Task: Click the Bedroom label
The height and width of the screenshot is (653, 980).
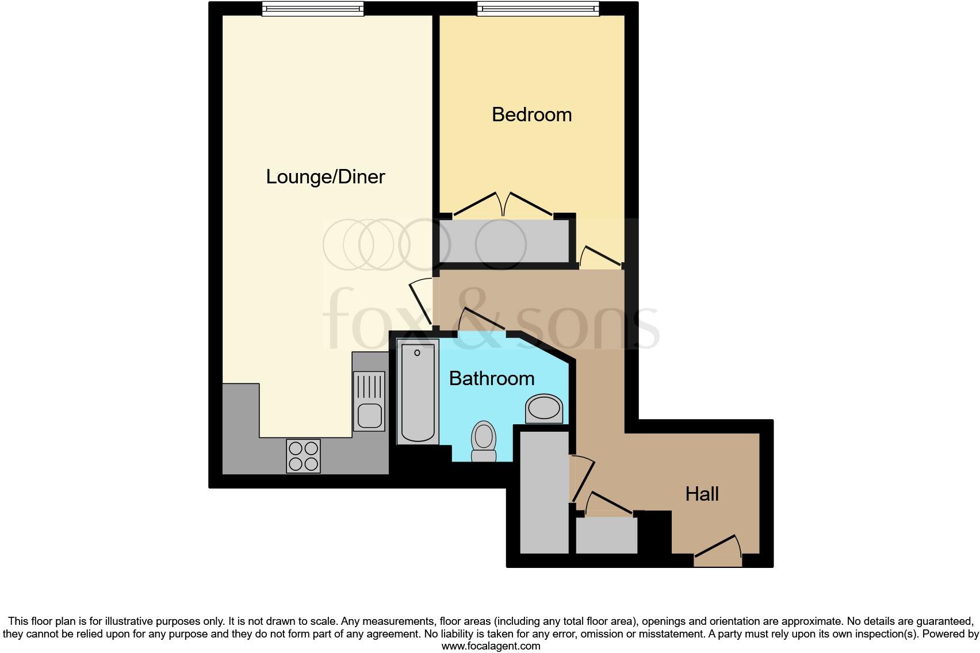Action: [531, 114]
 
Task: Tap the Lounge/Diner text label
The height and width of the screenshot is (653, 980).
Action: [325, 176]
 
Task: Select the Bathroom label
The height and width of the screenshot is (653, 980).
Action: [491, 378]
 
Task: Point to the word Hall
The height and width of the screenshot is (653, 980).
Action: [702, 494]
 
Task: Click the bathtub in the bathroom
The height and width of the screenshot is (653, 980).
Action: [418, 391]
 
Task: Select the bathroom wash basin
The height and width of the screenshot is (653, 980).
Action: [543, 409]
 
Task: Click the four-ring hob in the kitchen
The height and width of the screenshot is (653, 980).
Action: [303, 456]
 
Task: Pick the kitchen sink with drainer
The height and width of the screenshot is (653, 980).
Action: [369, 401]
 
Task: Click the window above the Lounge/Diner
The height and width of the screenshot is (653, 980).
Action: [313, 8]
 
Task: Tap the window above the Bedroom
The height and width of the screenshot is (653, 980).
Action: [538, 8]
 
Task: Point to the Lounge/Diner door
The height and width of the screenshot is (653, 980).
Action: [420, 302]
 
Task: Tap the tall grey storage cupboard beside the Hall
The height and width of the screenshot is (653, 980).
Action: [544, 492]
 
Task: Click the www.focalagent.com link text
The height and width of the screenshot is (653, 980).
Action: [491, 646]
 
